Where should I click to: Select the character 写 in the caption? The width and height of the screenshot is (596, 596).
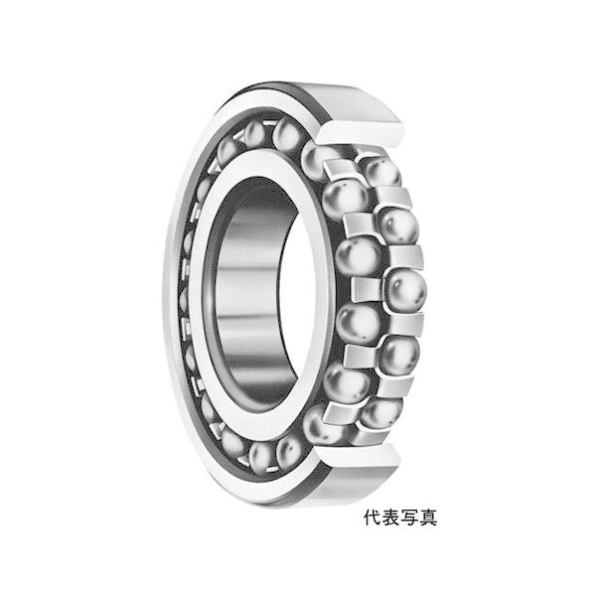(x=410, y=517)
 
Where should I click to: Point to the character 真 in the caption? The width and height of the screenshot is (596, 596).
(x=428, y=517)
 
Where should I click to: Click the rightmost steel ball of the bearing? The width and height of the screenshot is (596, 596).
(x=405, y=290)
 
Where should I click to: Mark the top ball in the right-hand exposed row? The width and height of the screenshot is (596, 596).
(x=379, y=170)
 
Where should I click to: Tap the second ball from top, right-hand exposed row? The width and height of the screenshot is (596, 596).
(x=396, y=224)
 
